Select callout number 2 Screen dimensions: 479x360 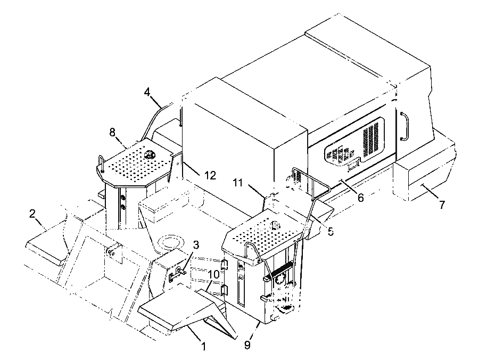(x=32, y=214)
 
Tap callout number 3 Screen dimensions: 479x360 (x=196, y=244)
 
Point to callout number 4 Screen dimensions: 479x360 (x=147, y=92)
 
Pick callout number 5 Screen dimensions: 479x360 (x=331, y=231)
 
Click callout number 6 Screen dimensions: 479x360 (x=361, y=198)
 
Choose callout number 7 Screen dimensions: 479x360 (x=442, y=204)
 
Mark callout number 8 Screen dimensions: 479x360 (x=112, y=133)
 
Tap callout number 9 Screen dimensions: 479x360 (x=247, y=345)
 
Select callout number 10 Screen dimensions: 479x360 (x=214, y=274)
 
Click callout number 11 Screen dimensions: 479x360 (x=238, y=183)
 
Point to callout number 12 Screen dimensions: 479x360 (x=210, y=175)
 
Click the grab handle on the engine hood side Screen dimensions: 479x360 (x=404, y=126)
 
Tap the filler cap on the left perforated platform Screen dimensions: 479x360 (x=150, y=155)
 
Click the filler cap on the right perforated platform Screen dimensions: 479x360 (x=276, y=225)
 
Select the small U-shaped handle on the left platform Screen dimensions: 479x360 (x=101, y=161)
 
